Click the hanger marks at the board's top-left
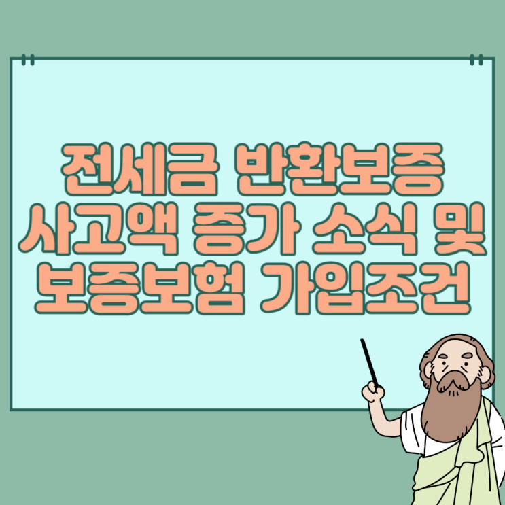pyautogui.click(x=28, y=60)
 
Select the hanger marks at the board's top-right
pyautogui.click(x=476, y=60)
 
